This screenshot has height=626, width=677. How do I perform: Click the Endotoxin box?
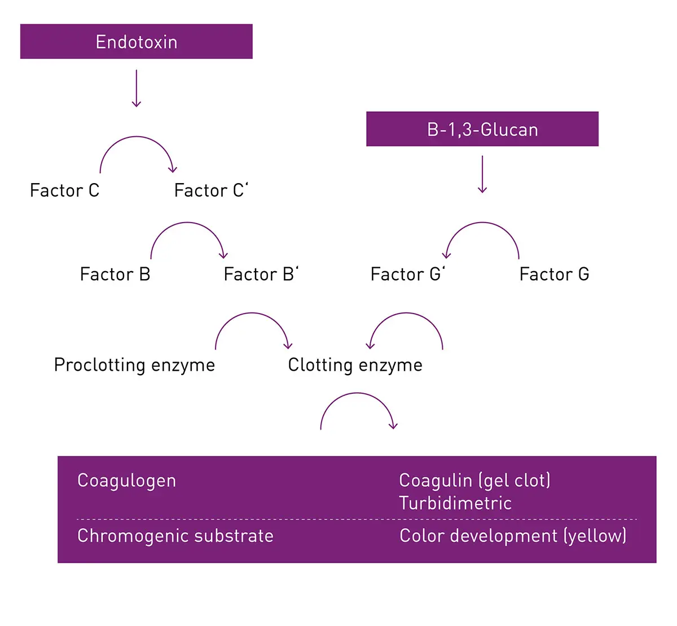pos(137,41)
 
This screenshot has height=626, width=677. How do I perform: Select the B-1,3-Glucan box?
pos(482,129)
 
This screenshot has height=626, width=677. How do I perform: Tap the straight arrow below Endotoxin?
pos(137,88)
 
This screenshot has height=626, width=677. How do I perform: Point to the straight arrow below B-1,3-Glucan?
pos(482,174)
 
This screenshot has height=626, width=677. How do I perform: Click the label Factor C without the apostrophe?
pos(65,190)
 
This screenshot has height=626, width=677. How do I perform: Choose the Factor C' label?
pos(211,190)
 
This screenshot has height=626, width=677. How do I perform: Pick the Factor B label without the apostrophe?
pos(115,274)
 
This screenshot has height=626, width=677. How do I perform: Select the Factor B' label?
pos(261,274)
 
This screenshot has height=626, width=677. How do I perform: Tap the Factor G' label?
pos(408,274)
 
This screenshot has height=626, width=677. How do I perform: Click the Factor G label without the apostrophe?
pos(554,274)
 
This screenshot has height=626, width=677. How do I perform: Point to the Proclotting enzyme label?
pos(135,365)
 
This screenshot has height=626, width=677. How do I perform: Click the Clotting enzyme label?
pos(355,365)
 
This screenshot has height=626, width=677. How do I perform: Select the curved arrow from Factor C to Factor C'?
pos(137,137)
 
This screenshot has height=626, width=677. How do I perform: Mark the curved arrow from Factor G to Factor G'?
pos(482,223)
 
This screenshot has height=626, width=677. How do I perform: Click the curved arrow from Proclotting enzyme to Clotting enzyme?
pos(252,313)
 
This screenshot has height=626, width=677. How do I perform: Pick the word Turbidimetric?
pos(455,503)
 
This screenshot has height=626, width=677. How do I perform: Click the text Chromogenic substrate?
pos(175,536)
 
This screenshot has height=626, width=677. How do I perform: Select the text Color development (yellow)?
pos(513,536)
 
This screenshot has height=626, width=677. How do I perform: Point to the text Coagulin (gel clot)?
pos(475,481)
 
